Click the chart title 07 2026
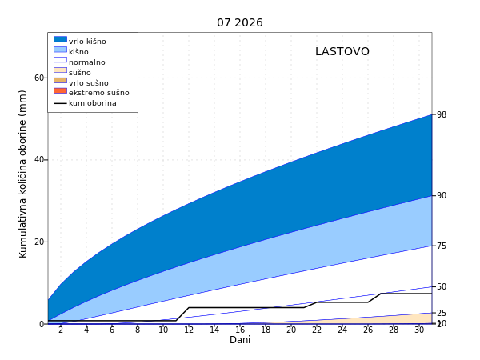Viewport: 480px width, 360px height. (x=240, y=22)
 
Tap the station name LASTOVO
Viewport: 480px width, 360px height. (x=342, y=51)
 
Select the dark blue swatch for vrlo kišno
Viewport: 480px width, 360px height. (x=60, y=39)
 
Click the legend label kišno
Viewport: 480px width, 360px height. (x=78, y=52)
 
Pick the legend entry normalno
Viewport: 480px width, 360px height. (x=87, y=62)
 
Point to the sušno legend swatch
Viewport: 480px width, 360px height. (x=60, y=70)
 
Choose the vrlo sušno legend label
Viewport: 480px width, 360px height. (x=89, y=83)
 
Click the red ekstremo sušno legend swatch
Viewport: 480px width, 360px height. (x=60, y=91)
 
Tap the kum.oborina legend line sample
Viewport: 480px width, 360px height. (x=60, y=103)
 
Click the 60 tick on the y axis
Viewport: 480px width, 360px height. (x=39, y=78)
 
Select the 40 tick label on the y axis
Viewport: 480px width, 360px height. (x=39, y=159)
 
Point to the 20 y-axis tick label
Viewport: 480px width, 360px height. (x=39, y=242)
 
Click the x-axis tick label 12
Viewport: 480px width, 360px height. (x=189, y=330)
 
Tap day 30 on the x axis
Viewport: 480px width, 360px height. (x=419, y=330)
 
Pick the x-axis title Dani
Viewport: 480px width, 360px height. (x=240, y=340)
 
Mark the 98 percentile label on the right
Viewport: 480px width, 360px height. (x=442, y=114)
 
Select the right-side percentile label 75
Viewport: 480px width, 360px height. (x=442, y=246)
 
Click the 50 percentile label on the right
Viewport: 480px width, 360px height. (x=442, y=287)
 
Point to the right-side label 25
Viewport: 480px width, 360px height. (x=442, y=313)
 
